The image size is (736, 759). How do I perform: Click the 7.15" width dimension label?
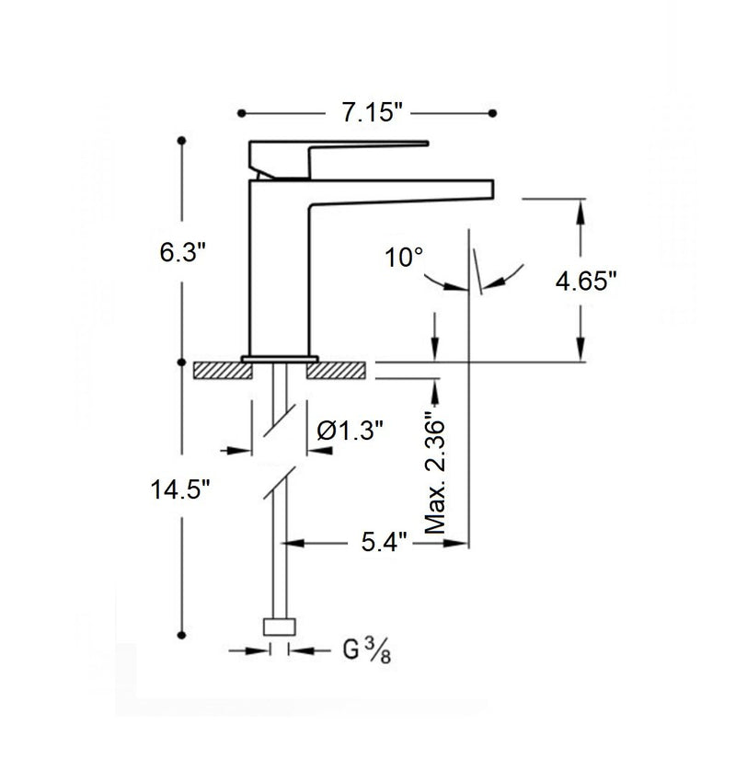pyautogui.click(x=368, y=113)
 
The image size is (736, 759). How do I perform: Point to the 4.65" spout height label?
pyautogui.click(x=584, y=280)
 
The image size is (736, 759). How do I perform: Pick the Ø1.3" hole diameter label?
pyautogui.click(x=350, y=430)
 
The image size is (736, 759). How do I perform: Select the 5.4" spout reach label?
pyautogui.click(x=378, y=543)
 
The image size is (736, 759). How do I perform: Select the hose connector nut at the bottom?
pyautogui.click(x=280, y=627)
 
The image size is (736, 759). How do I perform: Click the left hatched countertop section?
pyautogui.click(x=224, y=369)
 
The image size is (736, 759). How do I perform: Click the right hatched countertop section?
pyautogui.click(x=338, y=369)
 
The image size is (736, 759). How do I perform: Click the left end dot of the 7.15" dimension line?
pyautogui.click(x=242, y=113)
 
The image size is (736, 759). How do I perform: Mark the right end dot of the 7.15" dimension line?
pyautogui.click(x=495, y=113)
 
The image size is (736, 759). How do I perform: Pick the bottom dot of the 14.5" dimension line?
pyautogui.click(x=182, y=633)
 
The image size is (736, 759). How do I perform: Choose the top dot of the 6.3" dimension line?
pyautogui.click(x=182, y=140)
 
